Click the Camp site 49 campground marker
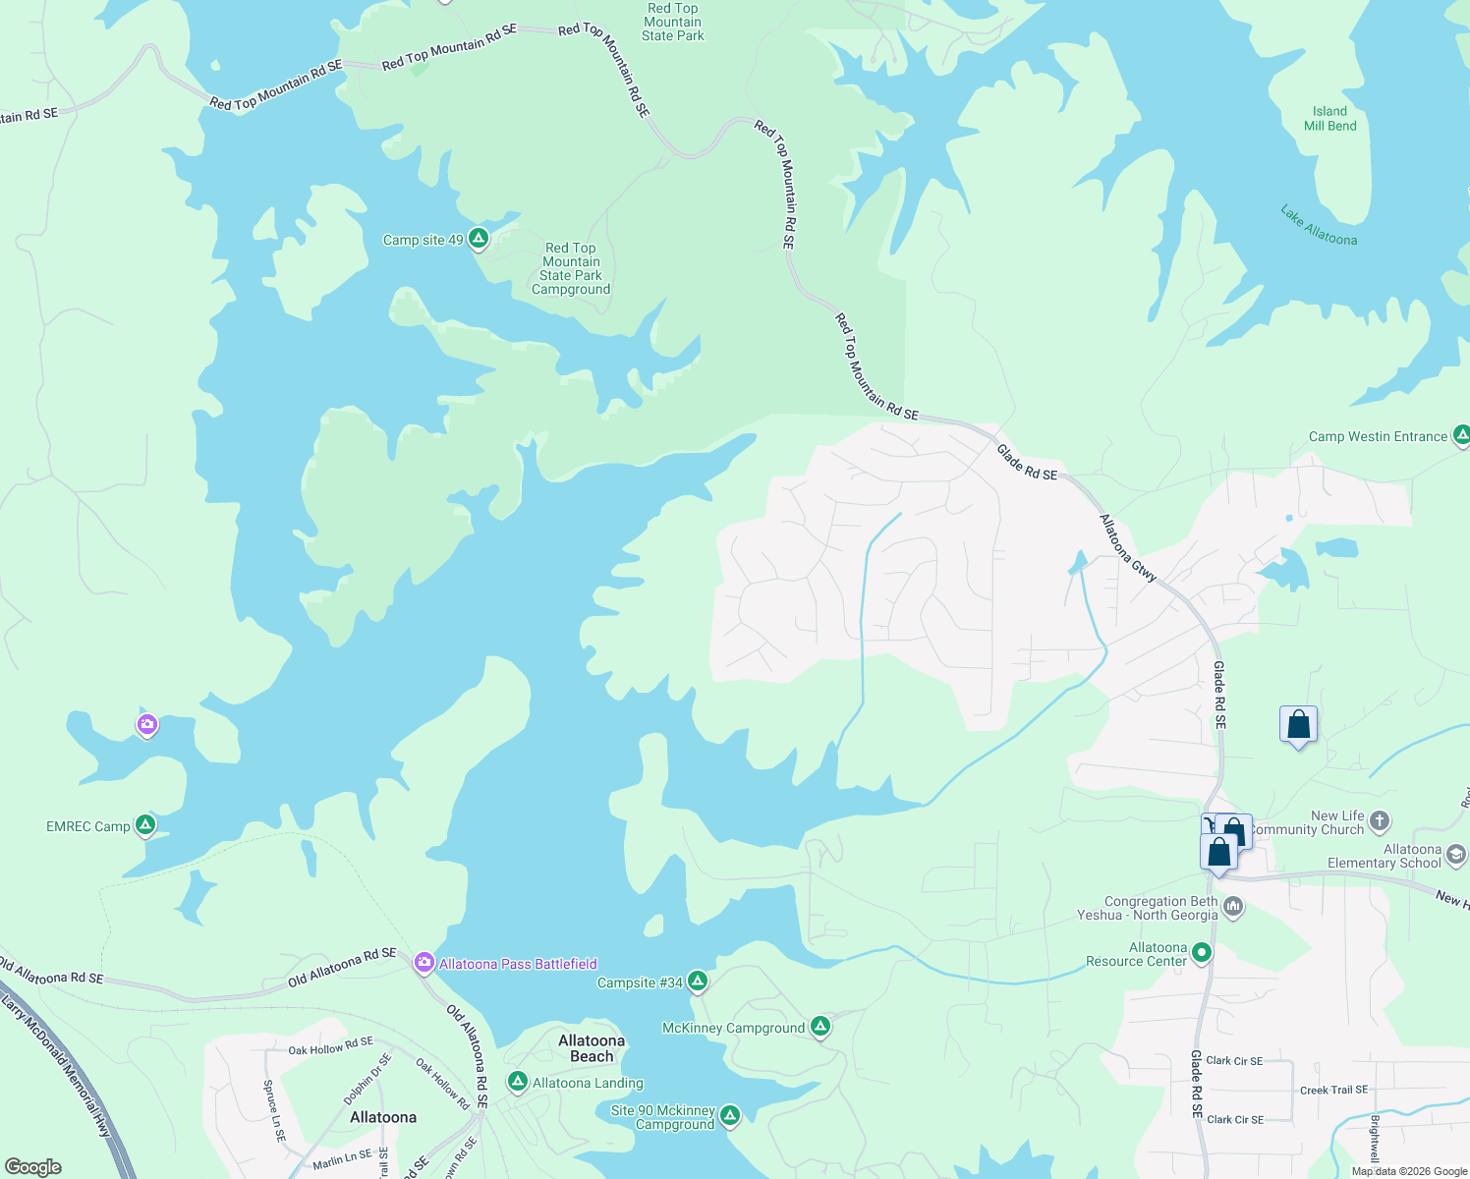coord(479,239)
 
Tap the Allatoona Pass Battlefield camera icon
coord(424,963)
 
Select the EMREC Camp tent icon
coord(145,825)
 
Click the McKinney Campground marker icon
coord(820,1027)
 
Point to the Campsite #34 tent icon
coord(697,982)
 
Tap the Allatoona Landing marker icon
coord(517,1082)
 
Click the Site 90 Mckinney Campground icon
coord(729,1116)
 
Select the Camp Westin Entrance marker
coord(1461,435)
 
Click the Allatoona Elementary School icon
coord(1455,856)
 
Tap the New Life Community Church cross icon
coord(1380,820)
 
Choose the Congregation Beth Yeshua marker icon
coord(1233,907)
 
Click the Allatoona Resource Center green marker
coord(1201,953)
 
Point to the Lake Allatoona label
coord(1319,225)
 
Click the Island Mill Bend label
coord(1329,119)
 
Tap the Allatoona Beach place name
coord(592,1048)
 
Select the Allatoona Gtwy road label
coord(1128,548)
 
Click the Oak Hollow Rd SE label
coord(330,1045)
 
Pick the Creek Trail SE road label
coord(1333,1090)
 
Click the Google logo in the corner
coord(33,1167)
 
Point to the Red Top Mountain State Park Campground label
coord(571,268)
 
